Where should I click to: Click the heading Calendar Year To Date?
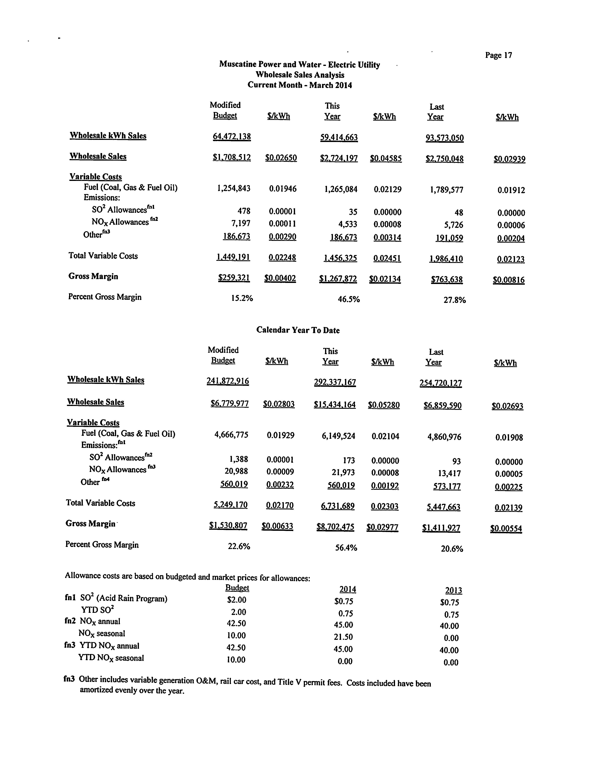(x=298, y=330)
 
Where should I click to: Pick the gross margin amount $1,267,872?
(x=338, y=279)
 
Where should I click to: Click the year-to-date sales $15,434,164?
(x=334, y=405)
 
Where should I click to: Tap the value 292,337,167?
(x=335, y=382)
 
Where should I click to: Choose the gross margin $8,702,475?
(x=335, y=527)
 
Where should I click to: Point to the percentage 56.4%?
(x=346, y=548)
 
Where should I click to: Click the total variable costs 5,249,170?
(x=230, y=505)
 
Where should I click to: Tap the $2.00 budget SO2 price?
(x=237, y=600)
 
